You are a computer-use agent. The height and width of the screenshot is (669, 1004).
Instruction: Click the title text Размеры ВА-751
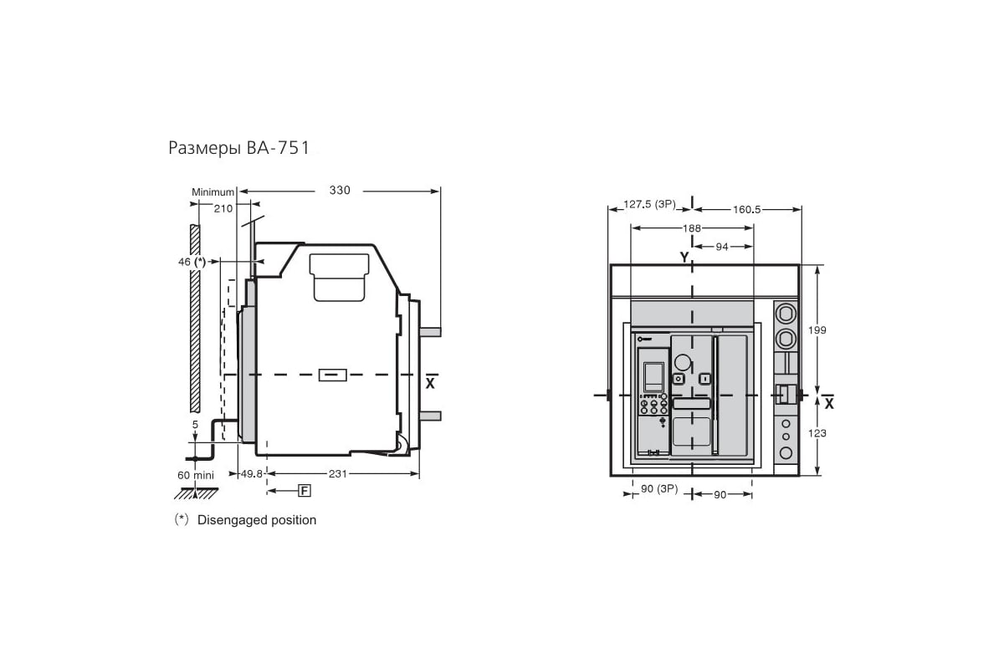(x=239, y=148)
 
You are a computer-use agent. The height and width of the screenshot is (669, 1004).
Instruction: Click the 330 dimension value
(x=340, y=191)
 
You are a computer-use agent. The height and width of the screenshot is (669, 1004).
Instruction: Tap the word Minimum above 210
(x=213, y=192)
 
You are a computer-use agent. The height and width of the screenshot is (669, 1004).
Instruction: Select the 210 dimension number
(x=223, y=209)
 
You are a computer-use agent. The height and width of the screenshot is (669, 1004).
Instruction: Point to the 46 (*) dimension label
(x=192, y=262)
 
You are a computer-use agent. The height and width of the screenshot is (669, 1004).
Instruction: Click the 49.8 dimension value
(x=252, y=473)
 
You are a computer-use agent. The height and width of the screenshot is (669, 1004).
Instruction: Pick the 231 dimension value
(x=338, y=473)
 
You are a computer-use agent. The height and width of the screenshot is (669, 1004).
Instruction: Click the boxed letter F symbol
(x=305, y=491)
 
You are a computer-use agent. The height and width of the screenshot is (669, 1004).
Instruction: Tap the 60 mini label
(x=196, y=475)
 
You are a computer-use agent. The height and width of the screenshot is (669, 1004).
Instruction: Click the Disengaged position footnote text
(x=257, y=520)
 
